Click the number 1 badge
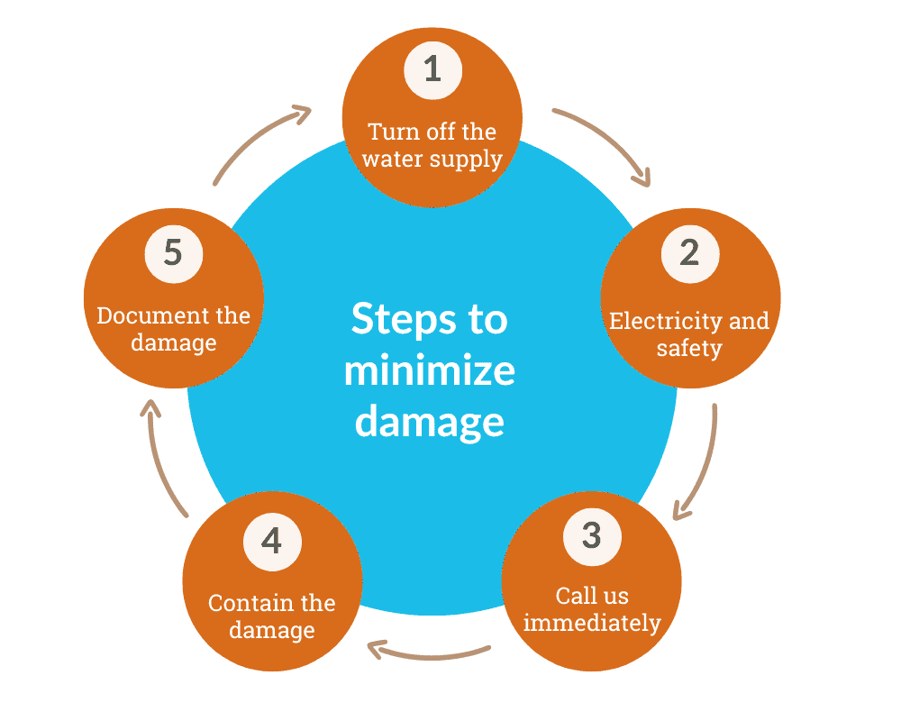point(432,69)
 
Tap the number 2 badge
point(689,252)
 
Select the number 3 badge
point(591,535)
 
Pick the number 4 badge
point(272,542)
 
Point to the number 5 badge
point(174,252)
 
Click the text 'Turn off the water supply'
point(432,145)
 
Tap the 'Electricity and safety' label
point(689,333)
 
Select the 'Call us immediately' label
point(592,608)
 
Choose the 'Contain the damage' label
point(272,616)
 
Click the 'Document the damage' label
point(174,329)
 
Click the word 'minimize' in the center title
point(430,370)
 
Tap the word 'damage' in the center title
point(430,422)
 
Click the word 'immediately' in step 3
point(592,622)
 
